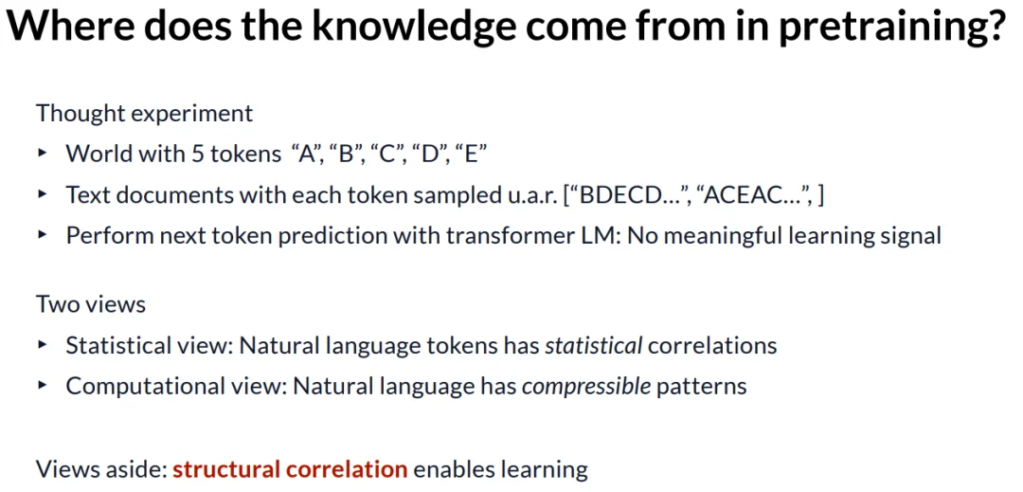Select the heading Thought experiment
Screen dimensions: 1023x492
point(144,114)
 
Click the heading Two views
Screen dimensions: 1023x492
point(91,304)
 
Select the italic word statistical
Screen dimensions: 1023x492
point(594,345)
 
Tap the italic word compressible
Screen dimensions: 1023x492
point(586,386)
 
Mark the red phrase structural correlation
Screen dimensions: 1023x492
point(290,468)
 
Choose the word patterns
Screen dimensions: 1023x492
point(701,387)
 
